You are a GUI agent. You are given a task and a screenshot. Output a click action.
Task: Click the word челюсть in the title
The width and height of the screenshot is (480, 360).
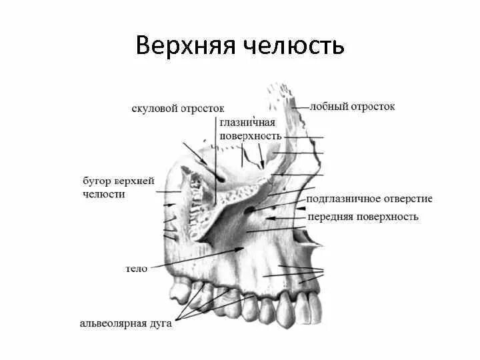pyautogui.click(x=295, y=45)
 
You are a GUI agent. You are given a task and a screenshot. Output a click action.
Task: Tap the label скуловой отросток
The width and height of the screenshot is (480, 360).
pyautogui.click(x=178, y=108)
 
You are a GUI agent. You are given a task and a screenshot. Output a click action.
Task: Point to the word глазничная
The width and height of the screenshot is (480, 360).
pyautogui.click(x=247, y=123)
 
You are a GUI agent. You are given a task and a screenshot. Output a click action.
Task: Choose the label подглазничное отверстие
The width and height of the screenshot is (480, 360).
pyautogui.click(x=369, y=199)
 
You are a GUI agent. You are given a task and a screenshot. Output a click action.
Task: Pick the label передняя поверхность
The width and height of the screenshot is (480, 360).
pyautogui.click(x=363, y=217)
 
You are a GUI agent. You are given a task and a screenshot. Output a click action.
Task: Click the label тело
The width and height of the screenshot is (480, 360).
pyautogui.click(x=136, y=269)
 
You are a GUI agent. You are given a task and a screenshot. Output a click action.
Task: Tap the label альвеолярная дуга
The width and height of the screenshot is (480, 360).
pyautogui.click(x=126, y=323)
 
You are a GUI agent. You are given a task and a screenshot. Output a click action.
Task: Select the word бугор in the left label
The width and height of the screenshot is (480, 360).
pyautogui.click(x=97, y=181)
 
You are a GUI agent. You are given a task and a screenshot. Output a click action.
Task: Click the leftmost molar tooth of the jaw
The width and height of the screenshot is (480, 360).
pyautogui.click(x=179, y=291)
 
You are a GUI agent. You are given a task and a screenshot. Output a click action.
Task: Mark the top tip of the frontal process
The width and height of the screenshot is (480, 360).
pyautogui.click(x=273, y=87)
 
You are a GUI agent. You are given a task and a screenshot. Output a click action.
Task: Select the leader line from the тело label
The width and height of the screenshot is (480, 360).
pyautogui.click(x=193, y=259)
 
